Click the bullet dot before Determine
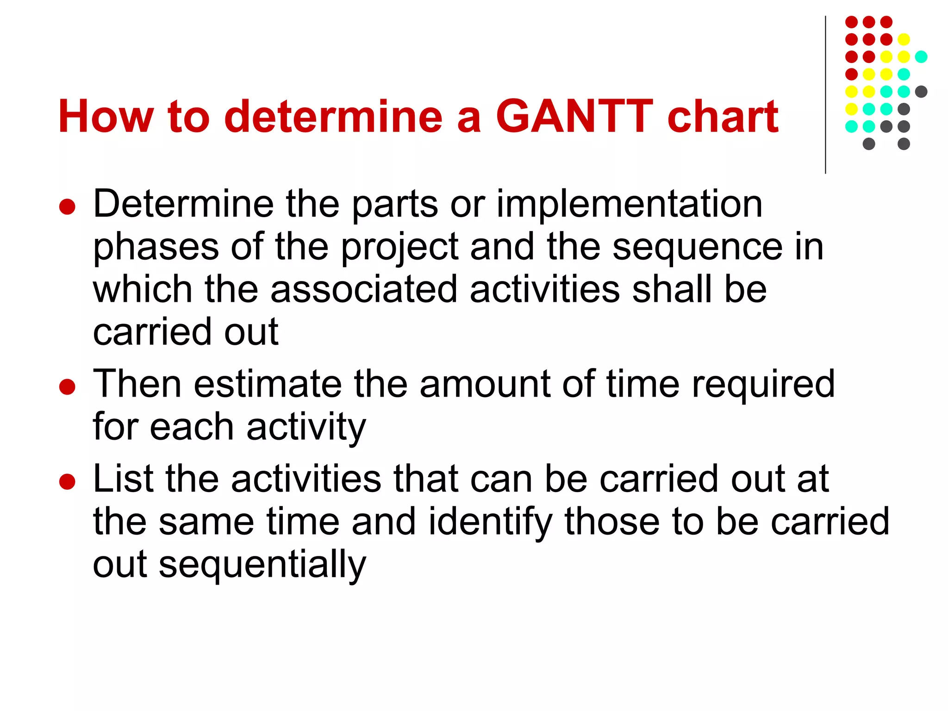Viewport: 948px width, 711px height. pyautogui.click(x=68, y=206)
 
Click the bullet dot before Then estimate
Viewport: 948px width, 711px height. pyautogui.click(x=68, y=387)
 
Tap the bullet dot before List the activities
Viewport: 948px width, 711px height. pyautogui.click(x=68, y=481)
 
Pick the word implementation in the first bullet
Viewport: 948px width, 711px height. pyautogui.click(x=629, y=205)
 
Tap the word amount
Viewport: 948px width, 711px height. pyautogui.click(x=485, y=384)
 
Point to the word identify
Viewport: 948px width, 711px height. pyautogui.click(x=490, y=522)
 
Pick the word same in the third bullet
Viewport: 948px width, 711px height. pyautogui.click(x=206, y=522)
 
